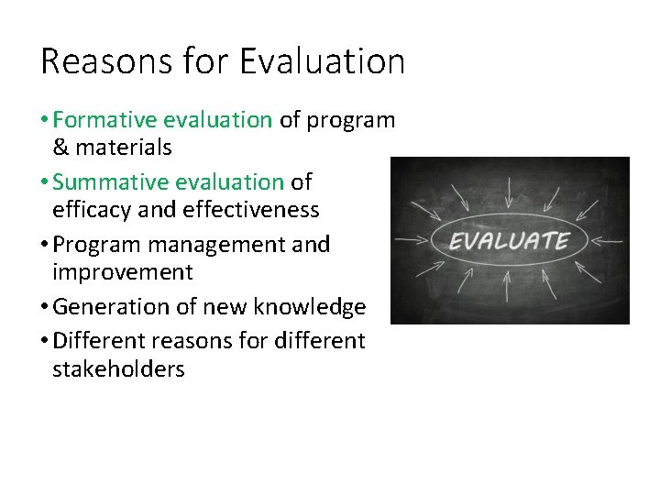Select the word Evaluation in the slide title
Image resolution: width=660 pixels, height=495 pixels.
(x=322, y=61)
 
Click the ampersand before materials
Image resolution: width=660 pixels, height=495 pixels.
(x=61, y=147)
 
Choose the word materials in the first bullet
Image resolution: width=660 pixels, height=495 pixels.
(x=124, y=147)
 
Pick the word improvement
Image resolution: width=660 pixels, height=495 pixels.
(x=123, y=272)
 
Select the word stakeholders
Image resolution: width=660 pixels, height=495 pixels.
(x=118, y=369)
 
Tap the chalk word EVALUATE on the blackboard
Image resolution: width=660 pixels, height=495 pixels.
(x=509, y=242)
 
